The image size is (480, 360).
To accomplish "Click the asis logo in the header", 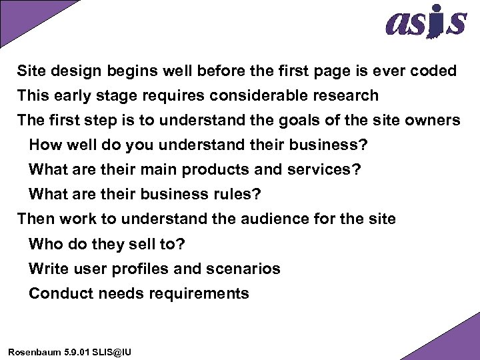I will pyautogui.click(x=425, y=23).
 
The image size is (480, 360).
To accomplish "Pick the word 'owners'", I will pyautogui.click(x=431, y=120).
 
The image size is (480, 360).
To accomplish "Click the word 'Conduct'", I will pyautogui.click(x=57, y=293).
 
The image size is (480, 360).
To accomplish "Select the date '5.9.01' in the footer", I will pyautogui.click(x=77, y=351).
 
